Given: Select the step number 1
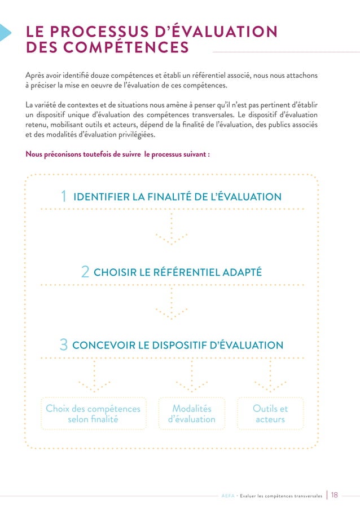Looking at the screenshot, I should coord(64,197).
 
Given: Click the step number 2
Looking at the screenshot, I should coord(85,272).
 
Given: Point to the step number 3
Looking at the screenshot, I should coord(64,345).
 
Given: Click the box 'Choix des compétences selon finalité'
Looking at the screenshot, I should coord(93,414).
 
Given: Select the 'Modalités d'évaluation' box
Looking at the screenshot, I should coord(192,414).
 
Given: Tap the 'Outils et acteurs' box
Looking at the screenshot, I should coord(270,414).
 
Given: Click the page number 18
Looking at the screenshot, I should coord(335,495).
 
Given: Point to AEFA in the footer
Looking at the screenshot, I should coord(228,496).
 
